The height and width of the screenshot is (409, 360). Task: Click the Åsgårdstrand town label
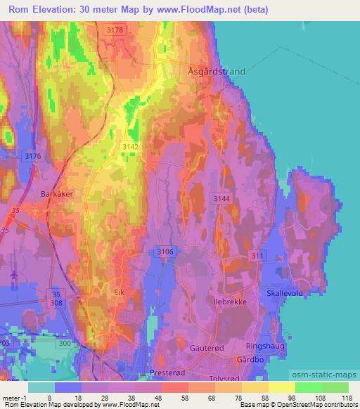[x=218, y=71]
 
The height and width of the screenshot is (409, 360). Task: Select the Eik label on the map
[x=119, y=290]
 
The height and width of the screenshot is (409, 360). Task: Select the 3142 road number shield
[x=131, y=145]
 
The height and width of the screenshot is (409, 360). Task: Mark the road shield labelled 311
[x=258, y=256]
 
